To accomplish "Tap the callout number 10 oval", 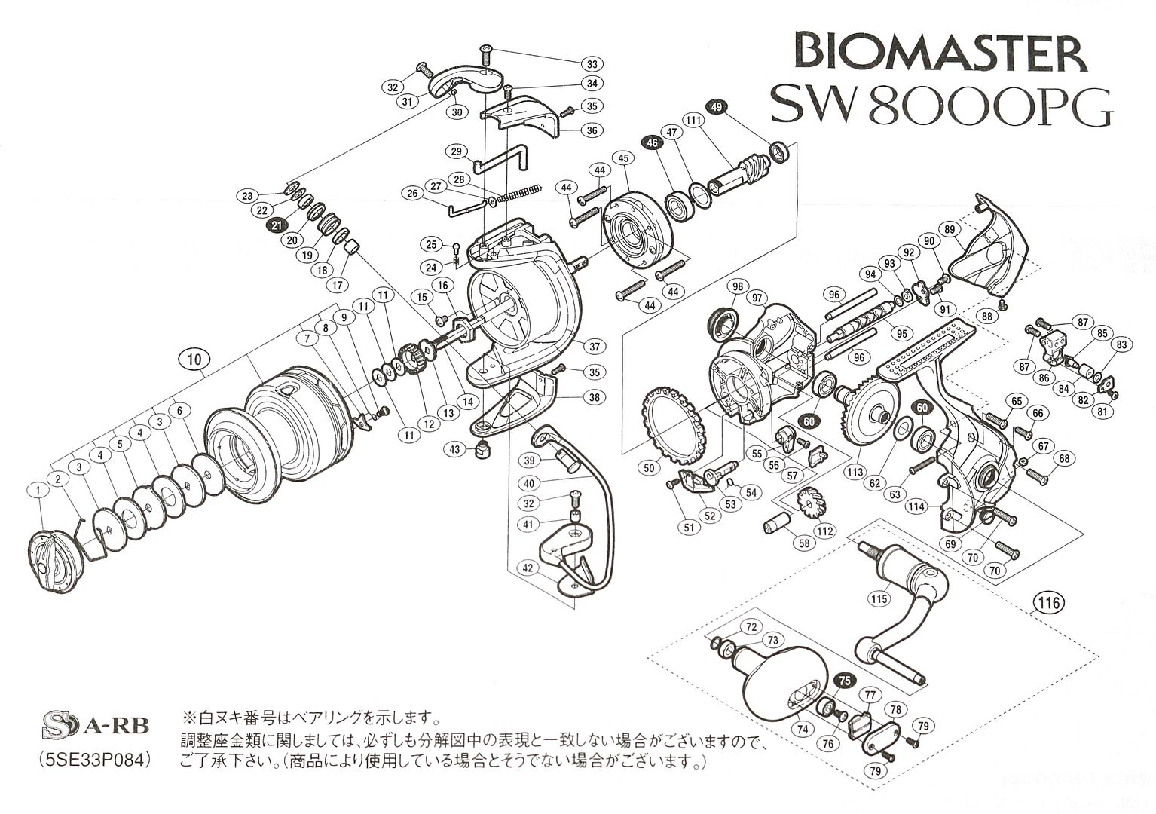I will (x=194, y=360).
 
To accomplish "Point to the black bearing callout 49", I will (x=716, y=107).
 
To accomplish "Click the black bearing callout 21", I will (x=277, y=225).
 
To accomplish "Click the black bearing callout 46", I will (x=651, y=141).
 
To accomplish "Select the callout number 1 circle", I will (x=37, y=491).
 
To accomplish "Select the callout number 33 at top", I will (x=592, y=63).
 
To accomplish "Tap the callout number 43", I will (x=454, y=450).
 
